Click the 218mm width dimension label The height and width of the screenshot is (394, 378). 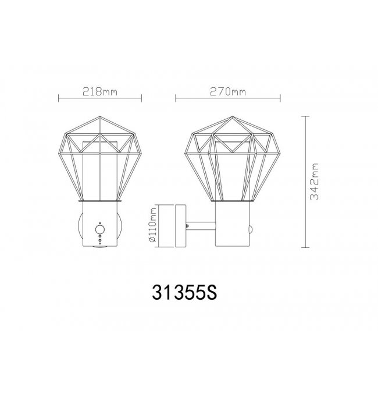click(x=100, y=91)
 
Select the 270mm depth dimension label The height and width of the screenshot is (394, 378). click(x=228, y=91)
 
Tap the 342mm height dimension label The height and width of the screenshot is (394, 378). click(x=314, y=182)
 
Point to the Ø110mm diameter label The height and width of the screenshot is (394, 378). click(x=153, y=225)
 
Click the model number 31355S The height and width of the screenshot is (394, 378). click(x=184, y=292)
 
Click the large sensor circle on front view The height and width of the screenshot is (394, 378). click(x=100, y=230)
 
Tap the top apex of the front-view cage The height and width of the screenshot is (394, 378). click(x=99, y=116)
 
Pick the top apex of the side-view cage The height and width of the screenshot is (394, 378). click(x=233, y=116)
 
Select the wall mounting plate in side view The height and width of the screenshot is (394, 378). click(x=181, y=226)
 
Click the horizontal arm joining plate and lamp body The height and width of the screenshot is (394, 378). click(x=201, y=226)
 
